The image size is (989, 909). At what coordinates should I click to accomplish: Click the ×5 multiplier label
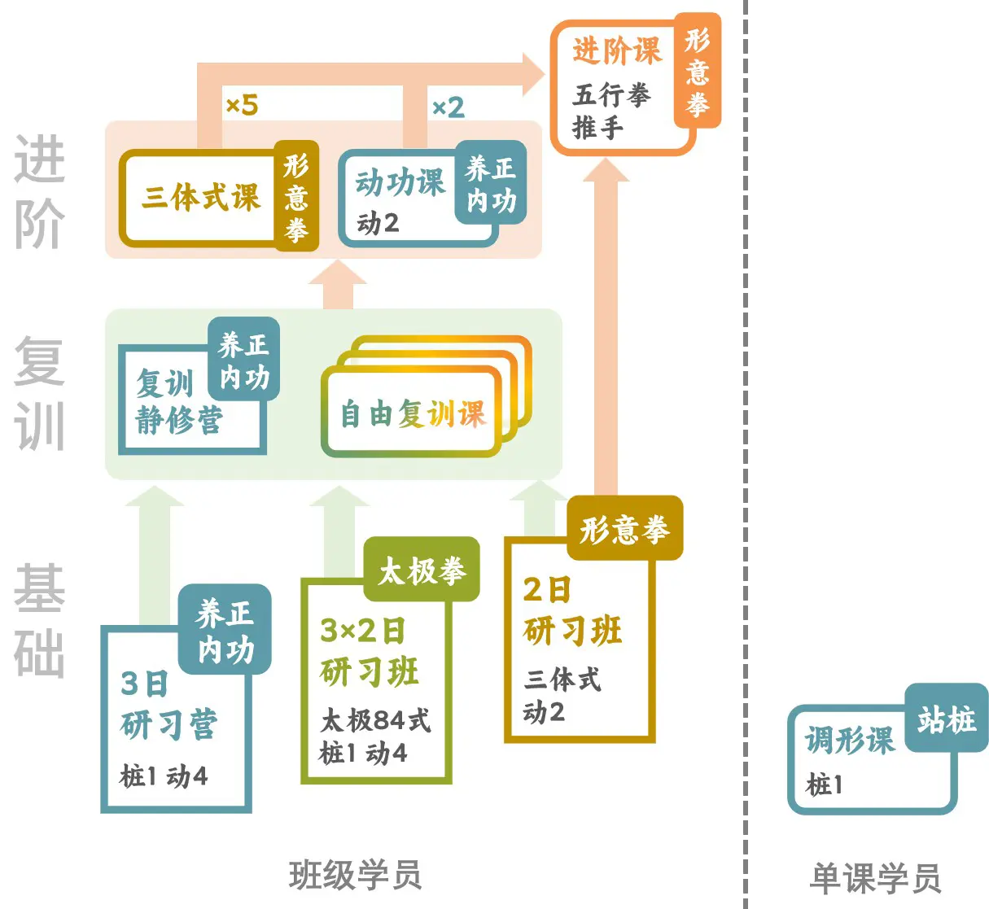[242, 105]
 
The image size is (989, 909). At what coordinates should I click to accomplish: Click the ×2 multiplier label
[448, 107]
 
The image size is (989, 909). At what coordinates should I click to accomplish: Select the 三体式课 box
[200, 197]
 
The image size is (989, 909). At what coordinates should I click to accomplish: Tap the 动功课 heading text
[400, 182]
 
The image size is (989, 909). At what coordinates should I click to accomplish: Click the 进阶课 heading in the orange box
[617, 51]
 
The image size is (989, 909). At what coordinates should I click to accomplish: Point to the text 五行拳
[611, 95]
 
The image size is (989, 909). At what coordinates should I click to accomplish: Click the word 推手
[597, 128]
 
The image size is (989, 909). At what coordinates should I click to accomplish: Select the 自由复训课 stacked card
[413, 413]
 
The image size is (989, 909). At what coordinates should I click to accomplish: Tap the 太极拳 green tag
[422, 570]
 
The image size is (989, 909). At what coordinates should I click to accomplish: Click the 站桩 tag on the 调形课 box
[946, 719]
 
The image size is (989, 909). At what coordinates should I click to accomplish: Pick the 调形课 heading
[849, 741]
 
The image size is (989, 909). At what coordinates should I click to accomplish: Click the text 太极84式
[375, 720]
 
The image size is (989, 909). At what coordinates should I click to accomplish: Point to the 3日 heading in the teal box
[144, 684]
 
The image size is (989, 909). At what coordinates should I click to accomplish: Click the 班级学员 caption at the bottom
[355, 876]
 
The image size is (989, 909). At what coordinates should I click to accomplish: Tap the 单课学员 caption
[875, 878]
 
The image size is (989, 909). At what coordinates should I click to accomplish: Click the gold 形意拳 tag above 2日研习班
[624, 529]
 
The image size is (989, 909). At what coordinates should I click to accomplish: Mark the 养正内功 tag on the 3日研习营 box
[225, 630]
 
